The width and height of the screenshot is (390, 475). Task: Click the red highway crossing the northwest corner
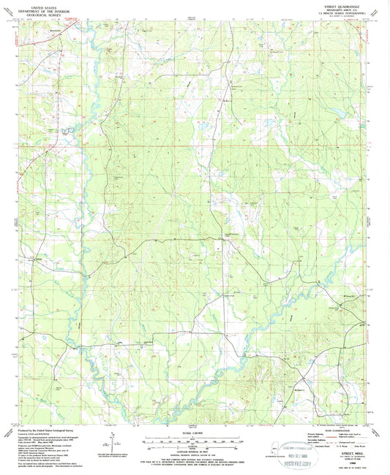44,44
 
